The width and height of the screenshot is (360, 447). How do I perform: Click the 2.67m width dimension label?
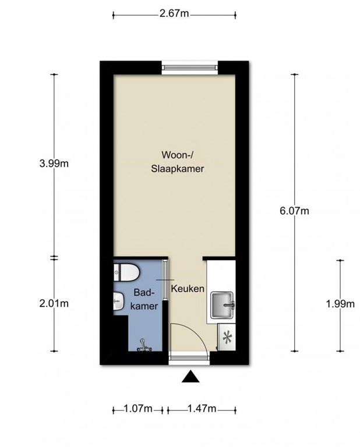click(x=174, y=13)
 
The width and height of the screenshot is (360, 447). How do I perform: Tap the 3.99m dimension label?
click(x=54, y=164)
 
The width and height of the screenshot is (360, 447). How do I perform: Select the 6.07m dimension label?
click(x=294, y=211)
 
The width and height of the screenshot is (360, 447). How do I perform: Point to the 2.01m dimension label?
click(x=54, y=304)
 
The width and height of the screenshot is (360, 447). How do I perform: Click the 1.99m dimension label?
click(x=340, y=304)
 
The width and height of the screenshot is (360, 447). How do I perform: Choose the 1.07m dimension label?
click(x=138, y=409)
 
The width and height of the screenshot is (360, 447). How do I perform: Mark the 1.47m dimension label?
click(x=202, y=409)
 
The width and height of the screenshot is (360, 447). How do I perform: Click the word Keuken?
click(x=188, y=289)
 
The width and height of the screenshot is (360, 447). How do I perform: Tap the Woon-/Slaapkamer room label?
click(x=178, y=162)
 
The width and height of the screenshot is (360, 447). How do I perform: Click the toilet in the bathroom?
click(x=126, y=272)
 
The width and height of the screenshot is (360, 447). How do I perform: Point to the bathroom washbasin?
click(x=119, y=301)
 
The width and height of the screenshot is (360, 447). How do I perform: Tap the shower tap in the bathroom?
click(x=143, y=346)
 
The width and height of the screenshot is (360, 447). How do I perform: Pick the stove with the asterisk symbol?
click(x=227, y=337)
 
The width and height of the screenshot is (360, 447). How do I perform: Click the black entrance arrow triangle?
click(x=190, y=377)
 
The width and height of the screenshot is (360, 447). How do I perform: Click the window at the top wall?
click(x=190, y=68)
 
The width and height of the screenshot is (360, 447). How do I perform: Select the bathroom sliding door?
click(x=165, y=279)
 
